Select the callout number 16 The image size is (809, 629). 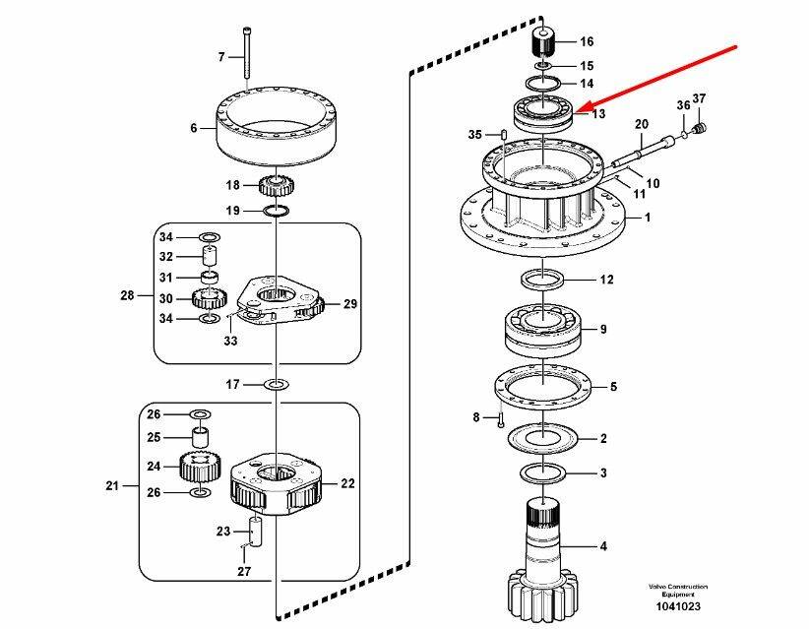coord(587,41)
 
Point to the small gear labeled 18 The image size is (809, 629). coord(275,185)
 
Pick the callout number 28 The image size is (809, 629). coord(126,294)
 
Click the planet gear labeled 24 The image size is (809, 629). coord(199,465)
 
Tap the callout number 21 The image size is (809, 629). coord(111,485)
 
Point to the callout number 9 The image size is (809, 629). coord(603,329)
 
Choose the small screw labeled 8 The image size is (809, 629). coord(500,419)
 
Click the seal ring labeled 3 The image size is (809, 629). coord(543,473)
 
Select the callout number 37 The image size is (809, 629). coord(700,98)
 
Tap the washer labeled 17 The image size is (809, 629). coord(277,384)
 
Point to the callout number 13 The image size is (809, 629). coord(596,114)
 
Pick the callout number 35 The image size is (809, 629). coord(474,134)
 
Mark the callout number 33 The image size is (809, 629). coord(229,341)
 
